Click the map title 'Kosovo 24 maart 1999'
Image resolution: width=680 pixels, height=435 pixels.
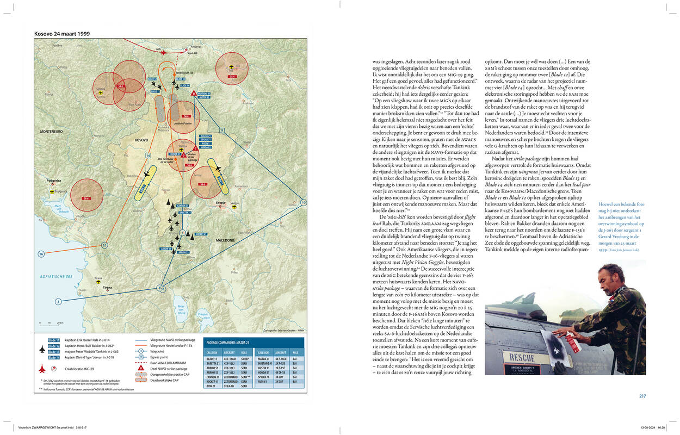point(62,34)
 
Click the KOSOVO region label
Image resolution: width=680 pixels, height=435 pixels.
point(141,140)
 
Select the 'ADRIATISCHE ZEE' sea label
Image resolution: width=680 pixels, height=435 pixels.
point(56,276)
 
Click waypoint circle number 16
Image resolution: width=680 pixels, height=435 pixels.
point(41,254)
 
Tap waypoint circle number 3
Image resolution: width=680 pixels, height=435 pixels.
point(58,301)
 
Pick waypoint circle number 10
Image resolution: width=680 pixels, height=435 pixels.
point(303,202)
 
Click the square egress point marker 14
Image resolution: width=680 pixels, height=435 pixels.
point(148,156)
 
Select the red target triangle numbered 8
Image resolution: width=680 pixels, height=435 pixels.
point(194,93)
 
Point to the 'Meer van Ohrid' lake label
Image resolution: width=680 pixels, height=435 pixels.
point(182,309)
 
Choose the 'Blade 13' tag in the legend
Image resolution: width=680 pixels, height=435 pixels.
point(53,352)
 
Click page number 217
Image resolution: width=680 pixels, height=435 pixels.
point(642,396)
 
